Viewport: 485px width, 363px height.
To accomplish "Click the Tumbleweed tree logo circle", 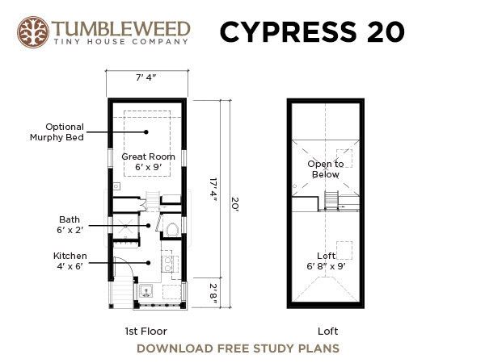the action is [33, 32].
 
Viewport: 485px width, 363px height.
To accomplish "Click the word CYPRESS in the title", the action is [289, 31].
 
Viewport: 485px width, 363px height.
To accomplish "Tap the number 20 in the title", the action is [386, 31].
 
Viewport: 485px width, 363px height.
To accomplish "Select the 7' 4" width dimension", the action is [146, 77].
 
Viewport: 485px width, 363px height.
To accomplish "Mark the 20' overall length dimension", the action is [234, 204].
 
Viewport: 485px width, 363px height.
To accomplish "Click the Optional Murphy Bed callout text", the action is [57, 131].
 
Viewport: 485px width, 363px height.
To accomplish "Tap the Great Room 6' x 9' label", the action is [148, 161].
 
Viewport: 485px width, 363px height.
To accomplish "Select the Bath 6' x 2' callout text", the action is [70, 224].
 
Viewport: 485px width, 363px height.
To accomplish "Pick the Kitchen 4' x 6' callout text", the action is [70, 261].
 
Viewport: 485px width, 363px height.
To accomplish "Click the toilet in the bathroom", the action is [172, 229].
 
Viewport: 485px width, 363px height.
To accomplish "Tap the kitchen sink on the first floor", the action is [145, 291].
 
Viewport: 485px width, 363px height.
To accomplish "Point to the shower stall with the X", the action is [126, 226].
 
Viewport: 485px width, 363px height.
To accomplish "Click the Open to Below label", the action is [326, 169].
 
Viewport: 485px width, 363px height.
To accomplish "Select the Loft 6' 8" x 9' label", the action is [326, 261].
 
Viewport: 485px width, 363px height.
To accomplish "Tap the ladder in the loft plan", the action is [331, 201].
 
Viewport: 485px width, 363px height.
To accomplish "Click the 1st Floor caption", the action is [146, 332].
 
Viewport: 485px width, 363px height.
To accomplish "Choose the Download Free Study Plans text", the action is [238, 348].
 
